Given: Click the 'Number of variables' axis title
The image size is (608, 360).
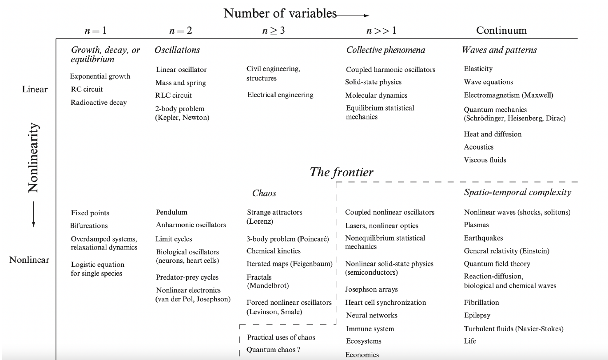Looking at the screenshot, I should coord(280,13).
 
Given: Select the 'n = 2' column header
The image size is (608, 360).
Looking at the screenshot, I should coord(181,31).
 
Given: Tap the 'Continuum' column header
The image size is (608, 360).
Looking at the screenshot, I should coord(501,30).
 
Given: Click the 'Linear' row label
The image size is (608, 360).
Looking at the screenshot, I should coord(35,89).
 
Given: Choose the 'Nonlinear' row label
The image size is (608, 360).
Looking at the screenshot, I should coord(29,260).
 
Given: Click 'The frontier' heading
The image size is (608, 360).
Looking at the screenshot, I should coord(342,172).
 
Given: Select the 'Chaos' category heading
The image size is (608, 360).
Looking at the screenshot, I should coord(264,193).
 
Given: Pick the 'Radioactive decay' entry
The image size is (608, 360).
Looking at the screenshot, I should coord(99,103).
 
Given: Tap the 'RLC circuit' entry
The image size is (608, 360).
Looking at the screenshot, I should coord(174,95).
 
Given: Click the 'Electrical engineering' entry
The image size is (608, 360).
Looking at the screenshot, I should coord(280,95).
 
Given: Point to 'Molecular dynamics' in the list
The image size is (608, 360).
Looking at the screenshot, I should coord(376,95).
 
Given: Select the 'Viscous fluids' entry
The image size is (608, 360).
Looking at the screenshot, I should coord(485,160).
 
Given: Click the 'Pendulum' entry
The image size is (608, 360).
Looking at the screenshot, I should coord(171,212).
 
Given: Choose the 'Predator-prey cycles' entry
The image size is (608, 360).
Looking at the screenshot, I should coord(187,277).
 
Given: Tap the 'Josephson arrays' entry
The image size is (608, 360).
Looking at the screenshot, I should coord(371,289).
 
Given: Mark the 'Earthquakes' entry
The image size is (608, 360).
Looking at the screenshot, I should coord(483,238).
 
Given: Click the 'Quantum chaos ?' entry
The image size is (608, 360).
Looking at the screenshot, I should coord(274,350).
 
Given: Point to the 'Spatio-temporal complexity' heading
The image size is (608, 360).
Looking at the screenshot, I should coord(517,192).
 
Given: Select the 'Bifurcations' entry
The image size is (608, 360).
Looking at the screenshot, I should coord(89,225).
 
